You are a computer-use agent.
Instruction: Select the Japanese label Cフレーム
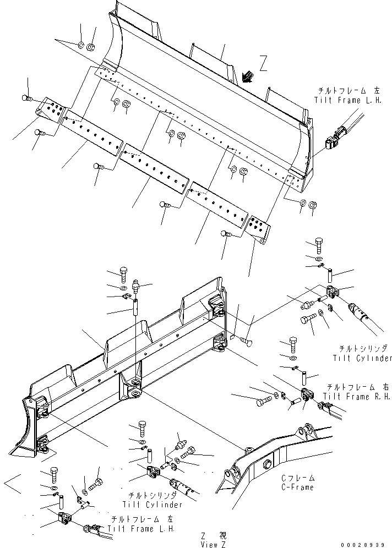point(298,478)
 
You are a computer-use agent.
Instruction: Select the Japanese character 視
point(223,535)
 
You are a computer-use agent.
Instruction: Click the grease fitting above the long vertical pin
point(137,286)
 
